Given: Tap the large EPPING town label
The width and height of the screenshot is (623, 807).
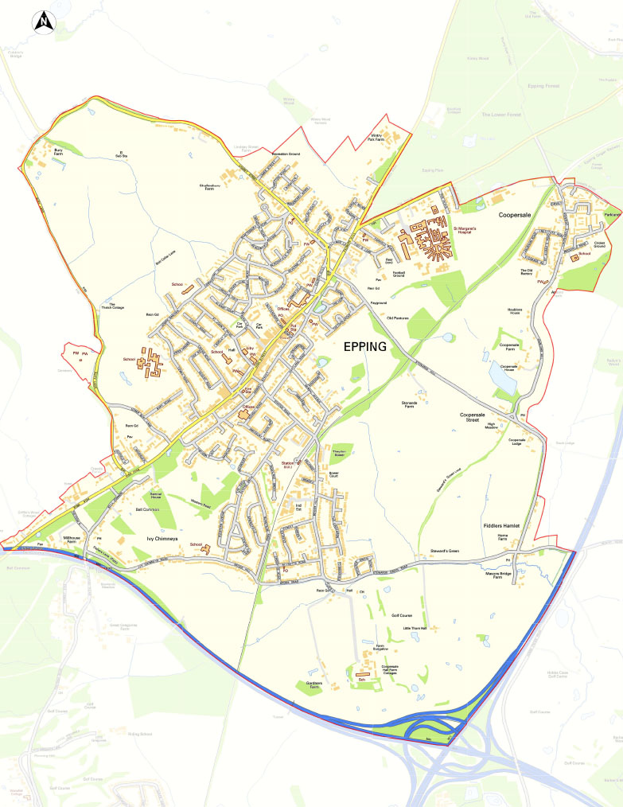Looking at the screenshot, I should tap(365, 346).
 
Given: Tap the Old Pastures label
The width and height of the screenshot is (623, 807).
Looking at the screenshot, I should tap(397, 318).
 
